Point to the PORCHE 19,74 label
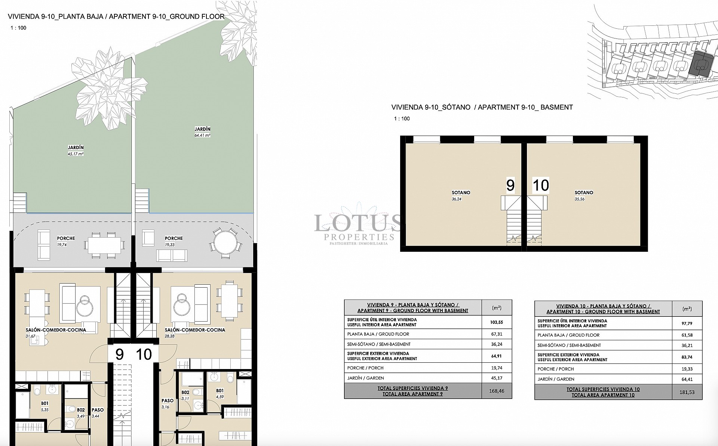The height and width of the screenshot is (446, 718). (66, 241)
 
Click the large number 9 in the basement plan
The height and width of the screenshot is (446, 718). (510, 185)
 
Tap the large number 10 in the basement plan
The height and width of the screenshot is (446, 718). (540, 185)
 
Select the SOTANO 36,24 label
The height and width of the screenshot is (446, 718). (461, 196)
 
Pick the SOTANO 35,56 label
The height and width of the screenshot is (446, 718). (584, 196)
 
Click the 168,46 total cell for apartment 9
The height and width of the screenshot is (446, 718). (497, 391)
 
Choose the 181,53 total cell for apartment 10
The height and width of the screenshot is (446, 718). (687, 392)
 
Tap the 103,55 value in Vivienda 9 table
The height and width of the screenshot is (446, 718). (497, 322)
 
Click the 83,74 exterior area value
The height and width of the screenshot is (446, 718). (687, 357)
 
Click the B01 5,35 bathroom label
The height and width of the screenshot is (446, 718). (45, 406)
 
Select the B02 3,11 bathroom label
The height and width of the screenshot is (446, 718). (185, 395)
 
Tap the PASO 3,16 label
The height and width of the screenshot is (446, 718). (167, 403)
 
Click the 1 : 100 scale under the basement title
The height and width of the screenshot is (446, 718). (402, 118)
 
